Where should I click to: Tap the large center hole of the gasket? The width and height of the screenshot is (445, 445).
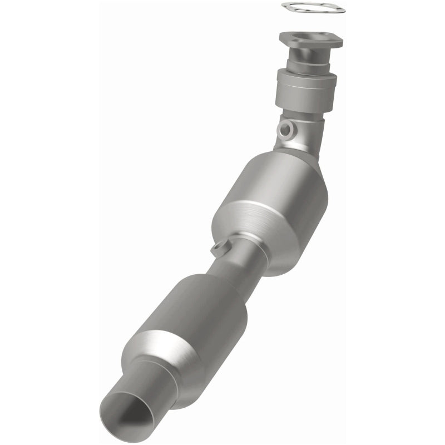pyautogui.click(x=312, y=7)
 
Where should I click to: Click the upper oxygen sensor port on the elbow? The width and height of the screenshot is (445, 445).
pyautogui.click(x=287, y=129)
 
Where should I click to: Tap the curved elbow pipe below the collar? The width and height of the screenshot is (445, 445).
pyautogui.click(x=303, y=133)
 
